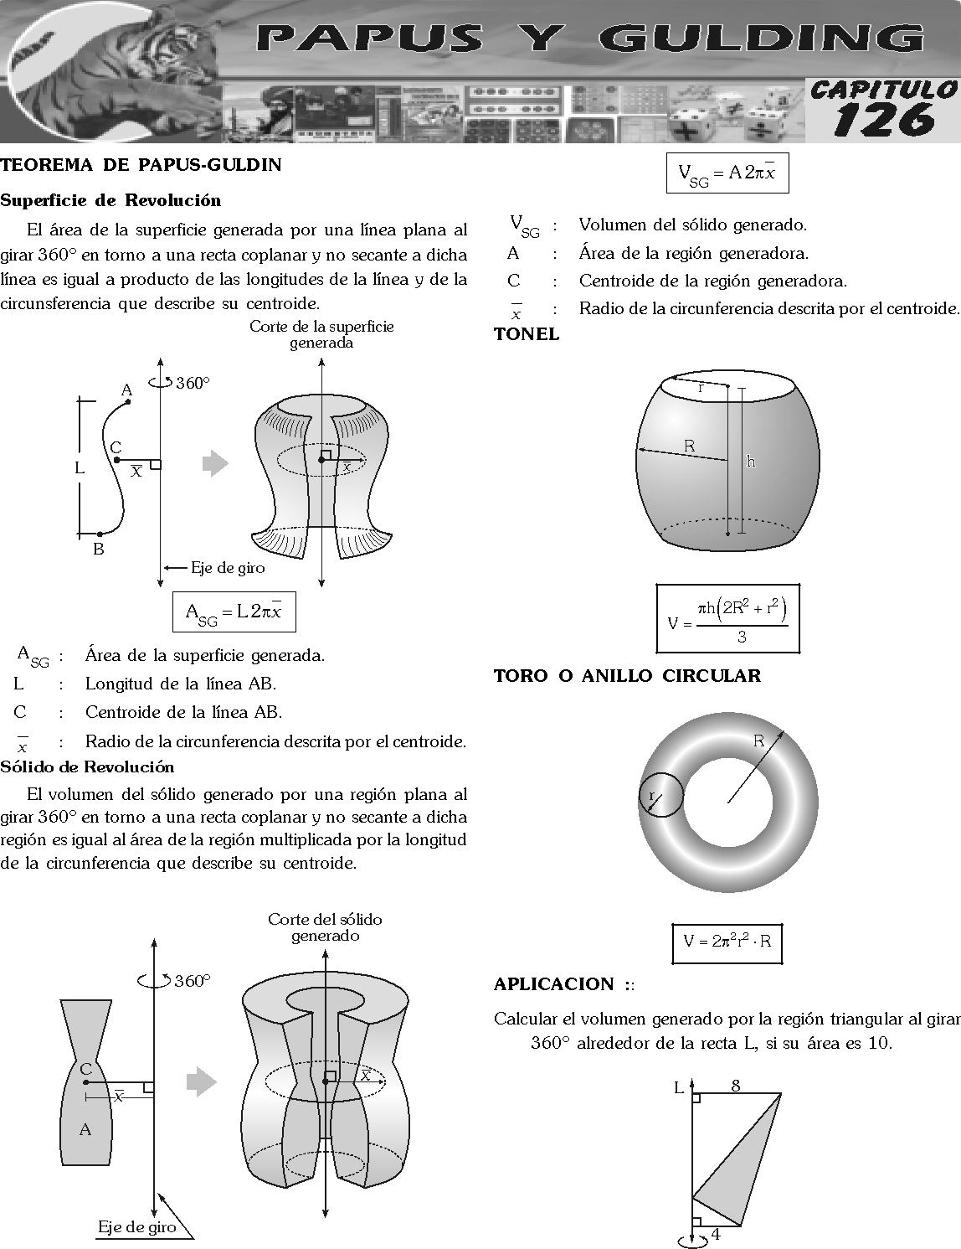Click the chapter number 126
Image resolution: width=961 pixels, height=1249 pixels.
[x=884, y=120]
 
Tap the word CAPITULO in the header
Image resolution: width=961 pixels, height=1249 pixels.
[x=884, y=89]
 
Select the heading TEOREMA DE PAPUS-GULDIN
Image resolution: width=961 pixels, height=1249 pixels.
[x=141, y=165]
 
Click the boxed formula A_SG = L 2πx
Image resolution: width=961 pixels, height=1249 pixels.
[x=234, y=612]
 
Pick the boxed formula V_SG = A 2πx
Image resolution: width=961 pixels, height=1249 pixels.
[x=727, y=173]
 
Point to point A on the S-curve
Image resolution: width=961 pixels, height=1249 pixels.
[x=128, y=402]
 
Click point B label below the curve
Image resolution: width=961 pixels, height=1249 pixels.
[x=99, y=550]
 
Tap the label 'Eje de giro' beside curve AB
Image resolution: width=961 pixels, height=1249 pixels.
[x=228, y=568]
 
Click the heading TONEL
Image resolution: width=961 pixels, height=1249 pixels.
[x=527, y=334]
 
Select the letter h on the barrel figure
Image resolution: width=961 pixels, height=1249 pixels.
[x=751, y=462]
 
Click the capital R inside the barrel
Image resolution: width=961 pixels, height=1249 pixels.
[x=689, y=446]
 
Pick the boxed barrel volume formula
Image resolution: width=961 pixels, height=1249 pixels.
[x=727, y=619]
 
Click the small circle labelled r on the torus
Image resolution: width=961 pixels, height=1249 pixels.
[x=660, y=794]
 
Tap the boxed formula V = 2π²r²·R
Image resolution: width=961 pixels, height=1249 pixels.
[x=727, y=942]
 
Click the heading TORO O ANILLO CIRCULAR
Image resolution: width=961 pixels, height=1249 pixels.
[x=627, y=676]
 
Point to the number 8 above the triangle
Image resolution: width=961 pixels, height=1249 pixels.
[x=736, y=1086]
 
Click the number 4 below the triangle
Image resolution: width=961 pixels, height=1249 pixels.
[x=716, y=1234]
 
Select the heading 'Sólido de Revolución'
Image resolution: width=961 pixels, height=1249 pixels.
[x=88, y=767]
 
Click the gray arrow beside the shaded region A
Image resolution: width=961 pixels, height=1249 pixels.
[x=201, y=1081]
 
